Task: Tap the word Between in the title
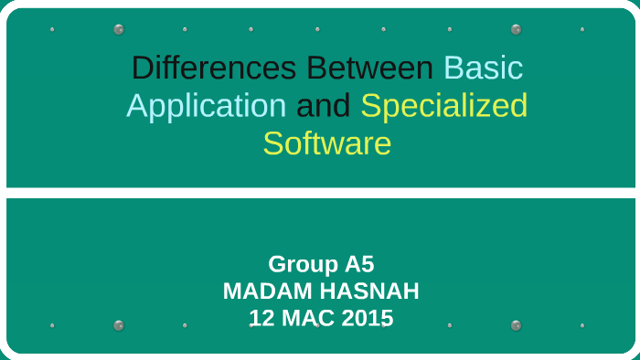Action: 370,69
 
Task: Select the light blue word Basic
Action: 484,69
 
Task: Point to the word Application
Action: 207,106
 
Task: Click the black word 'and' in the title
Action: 324,106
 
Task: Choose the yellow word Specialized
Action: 444,106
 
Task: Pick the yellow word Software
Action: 327,143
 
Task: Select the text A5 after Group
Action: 359,264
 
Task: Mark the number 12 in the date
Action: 261,319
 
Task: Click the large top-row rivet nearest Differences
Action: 119,29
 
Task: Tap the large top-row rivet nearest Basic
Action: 517,29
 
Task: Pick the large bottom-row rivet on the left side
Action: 119,325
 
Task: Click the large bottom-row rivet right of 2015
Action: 517,325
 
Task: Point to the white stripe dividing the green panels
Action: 320,193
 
